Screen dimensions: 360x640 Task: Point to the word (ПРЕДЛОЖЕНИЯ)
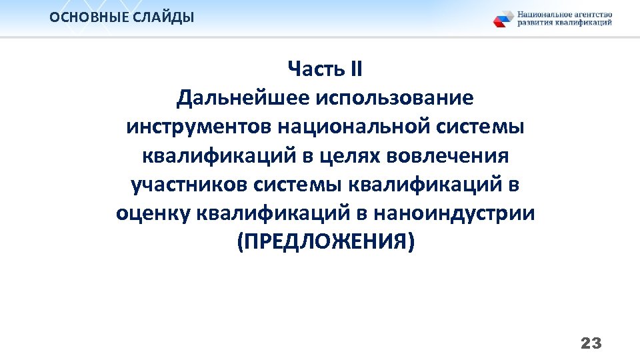(325, 242)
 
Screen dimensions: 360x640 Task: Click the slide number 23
(591, 343)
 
